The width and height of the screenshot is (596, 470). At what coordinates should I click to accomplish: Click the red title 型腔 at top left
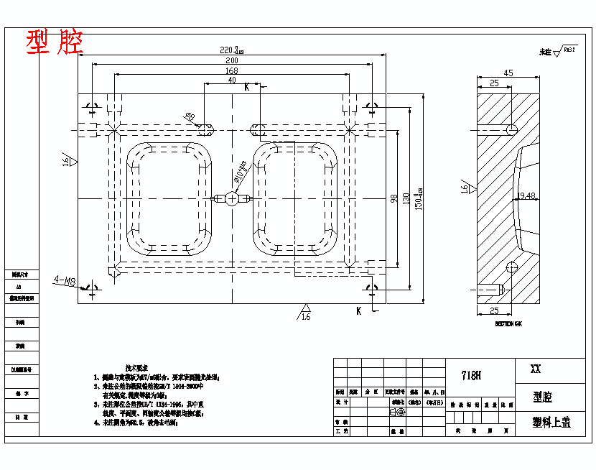pos(55,43)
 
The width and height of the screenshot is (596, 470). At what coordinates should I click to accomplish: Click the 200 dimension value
pos(232,61)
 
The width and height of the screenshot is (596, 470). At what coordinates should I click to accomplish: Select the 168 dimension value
pos(232,71)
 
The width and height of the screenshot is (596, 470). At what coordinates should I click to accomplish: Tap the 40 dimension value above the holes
pos(232,80)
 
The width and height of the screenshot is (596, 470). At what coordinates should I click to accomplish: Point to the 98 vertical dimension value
pos(394,198)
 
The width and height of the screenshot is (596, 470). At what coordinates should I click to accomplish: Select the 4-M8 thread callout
pos(65,280)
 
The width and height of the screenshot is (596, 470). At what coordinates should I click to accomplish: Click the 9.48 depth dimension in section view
pos(527,195)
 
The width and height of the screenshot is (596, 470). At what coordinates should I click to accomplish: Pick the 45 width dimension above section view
pos(508,73)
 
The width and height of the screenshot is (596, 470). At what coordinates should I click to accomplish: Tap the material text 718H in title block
pos(471,375)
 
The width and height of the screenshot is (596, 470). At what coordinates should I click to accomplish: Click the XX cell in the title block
pos(535,369)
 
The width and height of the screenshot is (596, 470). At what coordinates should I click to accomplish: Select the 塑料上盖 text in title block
pos(551,422)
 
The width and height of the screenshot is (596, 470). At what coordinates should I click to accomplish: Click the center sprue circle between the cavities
pos(232,198)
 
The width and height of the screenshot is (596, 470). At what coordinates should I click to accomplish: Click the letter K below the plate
pos(358,310)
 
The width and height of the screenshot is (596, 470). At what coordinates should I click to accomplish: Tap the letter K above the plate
pos(246,87)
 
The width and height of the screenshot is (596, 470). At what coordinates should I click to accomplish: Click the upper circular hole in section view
pos(511,129)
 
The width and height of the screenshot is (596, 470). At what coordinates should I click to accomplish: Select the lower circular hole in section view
pos(511,267)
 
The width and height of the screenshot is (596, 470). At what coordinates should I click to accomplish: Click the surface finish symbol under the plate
pos(304,313)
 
